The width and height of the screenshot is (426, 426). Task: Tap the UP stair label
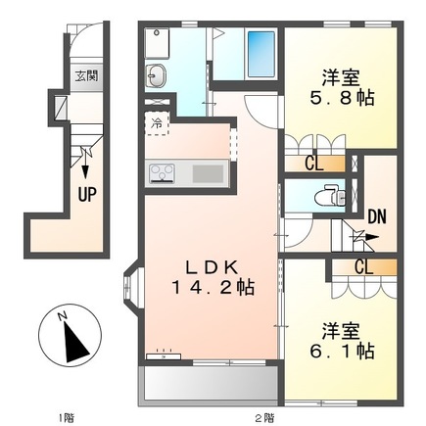87,195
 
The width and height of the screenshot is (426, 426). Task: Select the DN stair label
377,216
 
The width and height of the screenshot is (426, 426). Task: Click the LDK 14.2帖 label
213,278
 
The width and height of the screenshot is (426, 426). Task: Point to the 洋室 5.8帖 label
342,87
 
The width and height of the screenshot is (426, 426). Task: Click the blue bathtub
261,53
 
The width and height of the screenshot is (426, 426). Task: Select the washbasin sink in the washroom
156,75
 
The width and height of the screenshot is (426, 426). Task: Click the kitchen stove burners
162,172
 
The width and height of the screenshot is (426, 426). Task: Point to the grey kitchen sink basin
208,173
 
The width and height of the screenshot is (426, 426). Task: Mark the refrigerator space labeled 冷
157,123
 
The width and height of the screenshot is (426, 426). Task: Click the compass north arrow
75,342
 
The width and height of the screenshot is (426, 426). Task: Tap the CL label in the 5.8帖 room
314,164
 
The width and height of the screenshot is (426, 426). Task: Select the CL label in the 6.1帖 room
364,267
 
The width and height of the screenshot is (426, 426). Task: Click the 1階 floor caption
67,417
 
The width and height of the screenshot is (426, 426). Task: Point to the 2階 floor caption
264,417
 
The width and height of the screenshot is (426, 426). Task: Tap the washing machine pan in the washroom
157,43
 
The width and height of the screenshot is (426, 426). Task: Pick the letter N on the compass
62,316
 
